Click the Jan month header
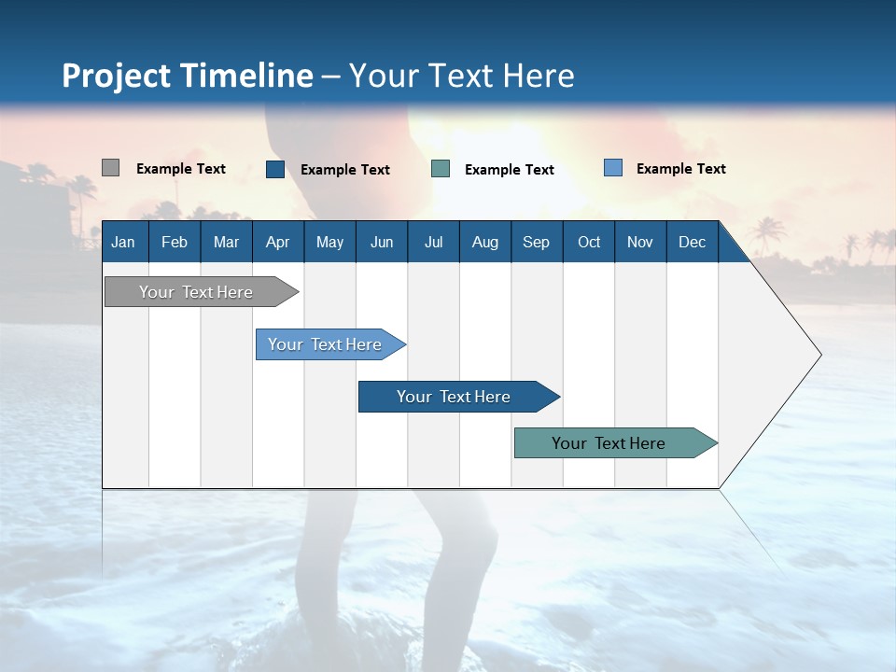tap(123, 243)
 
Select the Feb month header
tap(175, 243)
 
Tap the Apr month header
tap(277, 243)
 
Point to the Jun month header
tap(382, 243)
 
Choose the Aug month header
tap(485, 243)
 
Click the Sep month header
tap(536, 243)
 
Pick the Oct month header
tap(589, 243)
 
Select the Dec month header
tap(692, 243)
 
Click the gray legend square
tap(110, 168)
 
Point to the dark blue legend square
tap(275, 169)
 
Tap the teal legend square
tap(441, 169)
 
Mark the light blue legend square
tap(613, 168)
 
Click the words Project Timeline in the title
tap(187, 76)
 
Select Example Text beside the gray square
tap(181, 169)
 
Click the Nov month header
tap(640, 243)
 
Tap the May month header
tap(329, 243)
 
